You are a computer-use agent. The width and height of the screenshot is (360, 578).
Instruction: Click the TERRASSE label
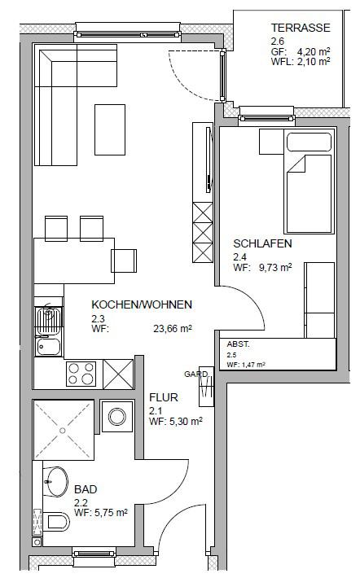pyautogui.click(x=301, y=28)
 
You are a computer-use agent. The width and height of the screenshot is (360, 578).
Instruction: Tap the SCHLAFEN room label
pyautogui.click(x=262, y=243)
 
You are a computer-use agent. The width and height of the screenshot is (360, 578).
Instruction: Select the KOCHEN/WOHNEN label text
pyautogui.click(x=142, y=304)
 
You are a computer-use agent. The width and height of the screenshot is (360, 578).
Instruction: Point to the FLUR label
pyautogui.click(x=164, y=397)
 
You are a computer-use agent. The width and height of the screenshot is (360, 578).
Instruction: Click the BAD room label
pyautogui.click(x=86, y=489)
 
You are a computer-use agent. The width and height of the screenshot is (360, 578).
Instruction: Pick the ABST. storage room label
pyautogui.click(x=239, y=344)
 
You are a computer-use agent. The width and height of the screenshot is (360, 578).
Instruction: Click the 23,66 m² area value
pyautogui.click(x=173, y=328)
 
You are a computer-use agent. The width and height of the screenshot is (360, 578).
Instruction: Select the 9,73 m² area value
pyautogui.click(x=275, y=268)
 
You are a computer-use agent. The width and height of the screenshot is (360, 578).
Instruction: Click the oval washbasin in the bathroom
pyautogui.click(x=56, y=481)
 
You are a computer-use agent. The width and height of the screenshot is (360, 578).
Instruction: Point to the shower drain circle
pyautogui.click(x=63, y=430)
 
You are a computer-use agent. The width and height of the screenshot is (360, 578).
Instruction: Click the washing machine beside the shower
pyautogui.click(x=117, y=416)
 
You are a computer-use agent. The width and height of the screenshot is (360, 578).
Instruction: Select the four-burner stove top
pyautogui.click(x=81, y=374)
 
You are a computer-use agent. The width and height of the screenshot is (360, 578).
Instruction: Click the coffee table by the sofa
pyautogui.click(x=110, y=129)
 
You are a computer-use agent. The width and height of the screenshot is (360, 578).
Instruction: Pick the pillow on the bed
pyautogui.click(x=310, y=142)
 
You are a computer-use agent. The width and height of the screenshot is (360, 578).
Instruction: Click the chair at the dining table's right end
pyautogui.click(x=124, y=261)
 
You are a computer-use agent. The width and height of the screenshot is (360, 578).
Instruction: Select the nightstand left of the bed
pyautogui.click(x=271, y=142)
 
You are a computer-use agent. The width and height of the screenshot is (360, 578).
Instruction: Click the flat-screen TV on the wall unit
pyautogui.click(x=209, y=160)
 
